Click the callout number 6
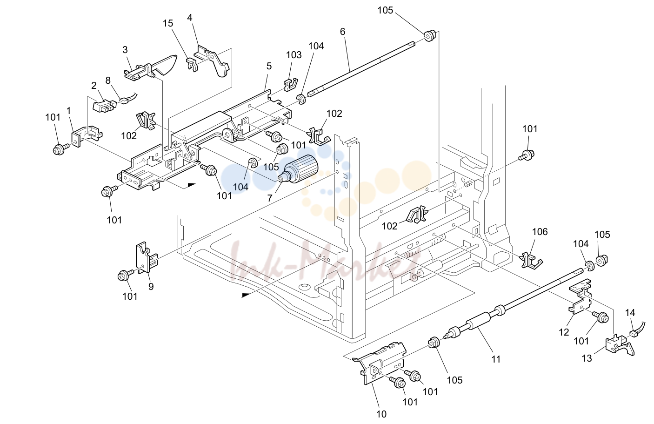[x=342, y=32]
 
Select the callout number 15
[x=168, y=23]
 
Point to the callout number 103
[x=294, y=55]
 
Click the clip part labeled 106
[x=531, y=260]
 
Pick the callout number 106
[x=540, y=232]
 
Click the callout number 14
[x=630, y=313]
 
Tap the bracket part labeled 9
[x=147, y=258]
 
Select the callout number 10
[x=381, y=414]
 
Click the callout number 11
[x=496, y=359]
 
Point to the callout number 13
[x=587, y=358]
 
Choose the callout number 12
[x=564, y=332]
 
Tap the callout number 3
[x=125, y=50]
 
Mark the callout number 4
[x=190, y=18]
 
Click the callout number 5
[x=269, y=67]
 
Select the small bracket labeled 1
[x=87, y=136]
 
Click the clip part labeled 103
[x=291, y=84]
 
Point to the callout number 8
[x=108, y=81]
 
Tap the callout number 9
[x=151, y=287]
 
